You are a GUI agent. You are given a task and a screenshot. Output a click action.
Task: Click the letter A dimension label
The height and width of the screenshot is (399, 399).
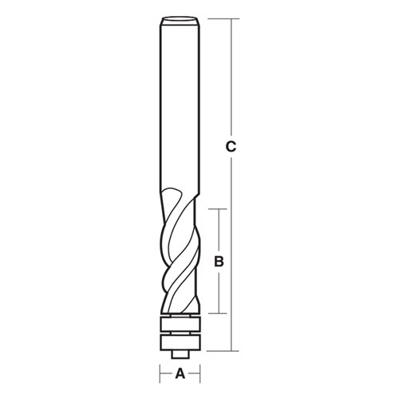(x=180, y=373)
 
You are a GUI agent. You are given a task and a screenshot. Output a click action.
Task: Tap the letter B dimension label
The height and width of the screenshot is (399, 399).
(x=221, y=261)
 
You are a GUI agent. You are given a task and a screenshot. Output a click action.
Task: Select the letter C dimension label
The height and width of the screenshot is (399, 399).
(x=230, y=146)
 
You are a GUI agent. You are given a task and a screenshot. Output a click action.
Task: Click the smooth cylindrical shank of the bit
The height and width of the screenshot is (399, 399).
(x=180, y=104)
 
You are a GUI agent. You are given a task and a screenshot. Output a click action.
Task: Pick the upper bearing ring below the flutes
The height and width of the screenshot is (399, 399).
(x=180, y=324)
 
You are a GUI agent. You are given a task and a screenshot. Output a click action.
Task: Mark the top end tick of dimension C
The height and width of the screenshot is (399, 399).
(x=230, y=18)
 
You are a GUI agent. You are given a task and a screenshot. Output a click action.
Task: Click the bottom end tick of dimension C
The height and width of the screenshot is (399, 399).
(x=230, y=351)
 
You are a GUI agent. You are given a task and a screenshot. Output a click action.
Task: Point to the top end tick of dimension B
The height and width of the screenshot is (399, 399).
(x=221, y=209)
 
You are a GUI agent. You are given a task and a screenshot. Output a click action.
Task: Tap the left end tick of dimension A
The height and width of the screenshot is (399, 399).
(x=160, y=373)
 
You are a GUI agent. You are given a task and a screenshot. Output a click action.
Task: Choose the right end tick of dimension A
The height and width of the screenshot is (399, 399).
(x=199, y=373)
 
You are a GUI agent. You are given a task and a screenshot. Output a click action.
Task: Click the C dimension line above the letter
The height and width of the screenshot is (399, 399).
(x=230, y=80)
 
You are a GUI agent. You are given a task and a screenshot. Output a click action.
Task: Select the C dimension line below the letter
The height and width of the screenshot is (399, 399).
(x=230, y=255)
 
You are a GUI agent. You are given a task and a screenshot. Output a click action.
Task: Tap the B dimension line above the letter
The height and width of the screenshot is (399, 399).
(x=221, y=231)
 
